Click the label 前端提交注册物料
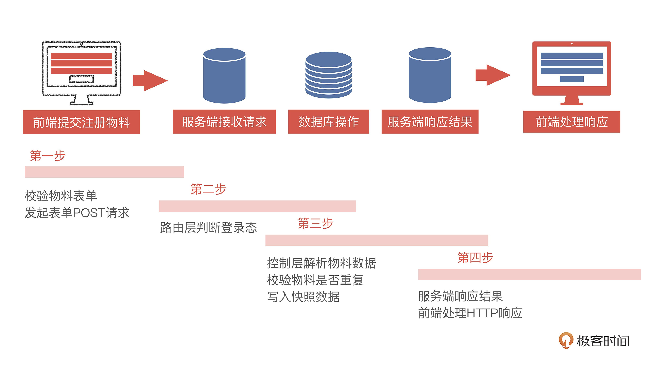pos(81,122)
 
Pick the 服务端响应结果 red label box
pos(430,122)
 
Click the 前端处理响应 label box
pos(571,122)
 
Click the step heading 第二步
pos(208,189)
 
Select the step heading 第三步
pos(315,223)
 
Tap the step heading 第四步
pos(475,257)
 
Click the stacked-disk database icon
pos(329,75)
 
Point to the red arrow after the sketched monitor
pos(150,81)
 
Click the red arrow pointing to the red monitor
pos(493,75)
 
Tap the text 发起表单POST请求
pos(77,213)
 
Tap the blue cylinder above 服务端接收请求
pos(224,76)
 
